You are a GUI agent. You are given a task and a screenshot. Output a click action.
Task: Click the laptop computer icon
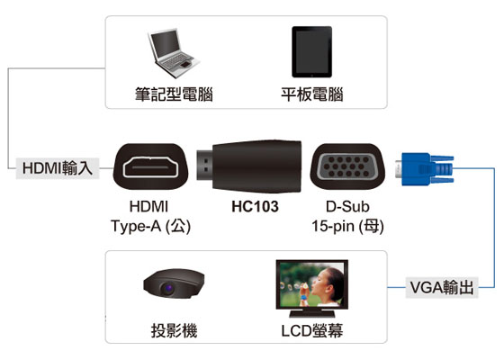[x=173, y=53]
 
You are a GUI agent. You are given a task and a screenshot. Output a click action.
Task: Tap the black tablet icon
[x=311, y=52]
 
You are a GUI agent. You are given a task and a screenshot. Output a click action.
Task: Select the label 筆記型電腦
[x=174, y=94]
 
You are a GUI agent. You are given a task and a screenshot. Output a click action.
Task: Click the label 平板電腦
[x=312, y=94]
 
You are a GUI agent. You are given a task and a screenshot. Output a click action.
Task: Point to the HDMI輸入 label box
[x=58, y=168]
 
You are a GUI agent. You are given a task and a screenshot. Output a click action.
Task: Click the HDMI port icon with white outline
[x=150, y=166]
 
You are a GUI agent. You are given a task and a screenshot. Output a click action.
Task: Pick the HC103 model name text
[x=255, y=207]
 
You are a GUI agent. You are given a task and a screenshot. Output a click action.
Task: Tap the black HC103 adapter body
[x=256, y=166]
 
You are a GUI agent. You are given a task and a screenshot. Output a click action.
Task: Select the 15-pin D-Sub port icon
[x=347, y=166]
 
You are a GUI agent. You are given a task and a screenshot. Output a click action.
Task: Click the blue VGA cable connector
[x=425, y=169]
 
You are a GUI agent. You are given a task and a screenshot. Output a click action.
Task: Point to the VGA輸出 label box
[x=442, y=287]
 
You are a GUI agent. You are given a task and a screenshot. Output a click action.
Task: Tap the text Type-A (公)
[x=151, y=226]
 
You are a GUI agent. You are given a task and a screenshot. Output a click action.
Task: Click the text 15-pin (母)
[x=347, y=226]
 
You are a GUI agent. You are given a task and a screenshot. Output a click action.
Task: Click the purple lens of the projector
[x=167, y=288]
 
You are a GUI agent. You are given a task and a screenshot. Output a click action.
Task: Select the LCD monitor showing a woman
[x=311, y=289]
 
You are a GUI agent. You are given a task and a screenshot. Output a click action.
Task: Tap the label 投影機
[x=174, y=330]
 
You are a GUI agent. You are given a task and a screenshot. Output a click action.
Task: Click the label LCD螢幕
[x=312, y=330]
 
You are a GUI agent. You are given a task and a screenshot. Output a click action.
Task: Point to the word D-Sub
[x=347, y=207]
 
